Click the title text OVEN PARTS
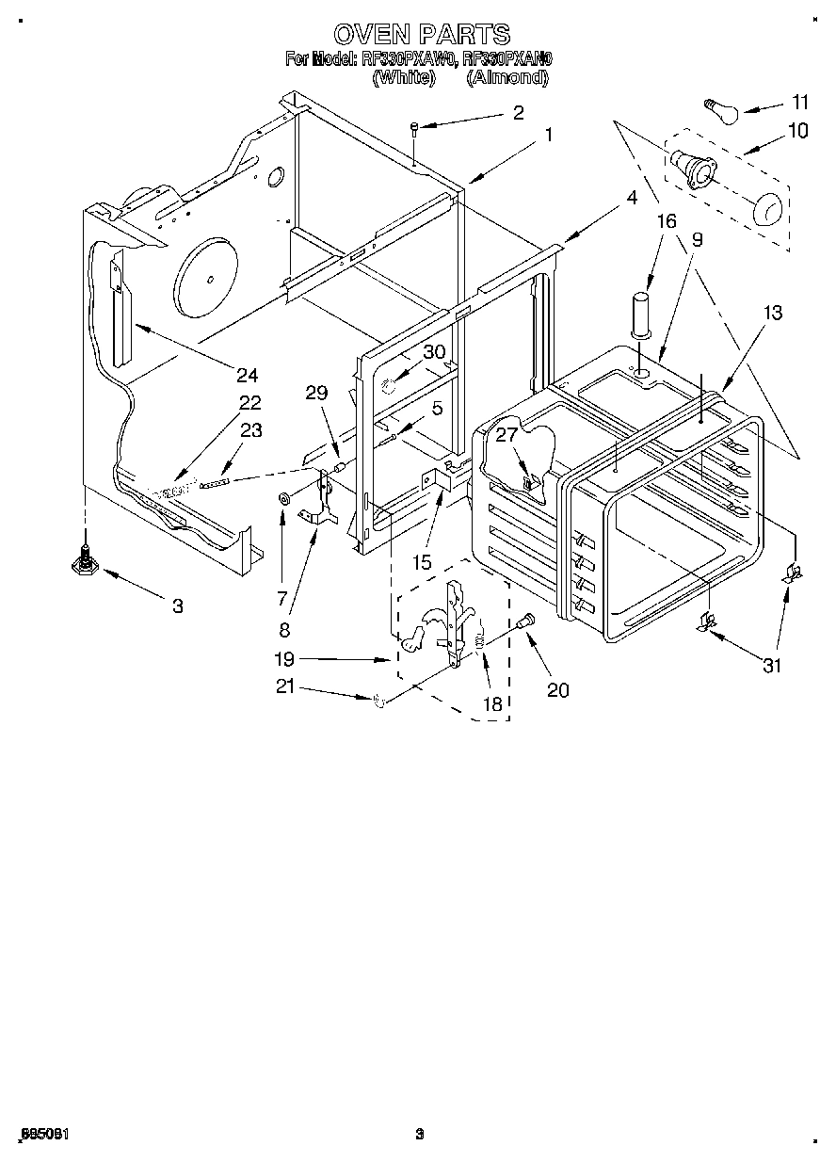421,35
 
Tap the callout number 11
799,102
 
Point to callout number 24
246,375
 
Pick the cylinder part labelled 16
640,315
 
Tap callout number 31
772,666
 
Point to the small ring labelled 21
377,700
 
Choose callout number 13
772,314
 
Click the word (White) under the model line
403,78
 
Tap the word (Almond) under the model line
506,78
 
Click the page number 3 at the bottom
420,1134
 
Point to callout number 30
433,351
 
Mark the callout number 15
421,562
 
